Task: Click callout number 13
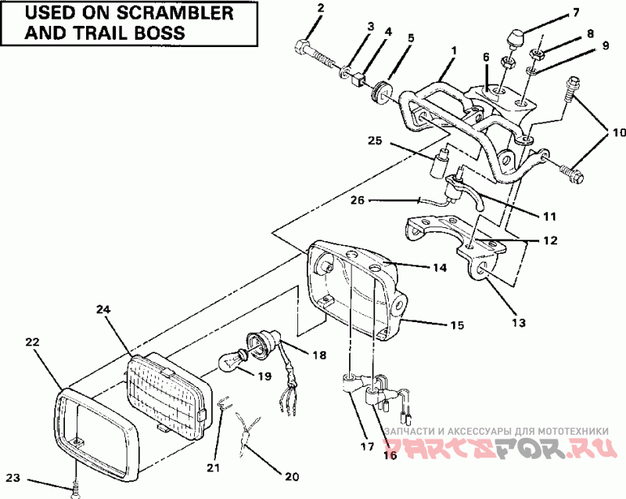pos(519,322)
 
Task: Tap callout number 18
pos(319,355)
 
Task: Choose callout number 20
pos(291,475)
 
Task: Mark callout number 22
pos(32,342)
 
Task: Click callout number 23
pos(13,477)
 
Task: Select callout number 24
pos(105,309)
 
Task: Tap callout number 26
pos(357,201)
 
